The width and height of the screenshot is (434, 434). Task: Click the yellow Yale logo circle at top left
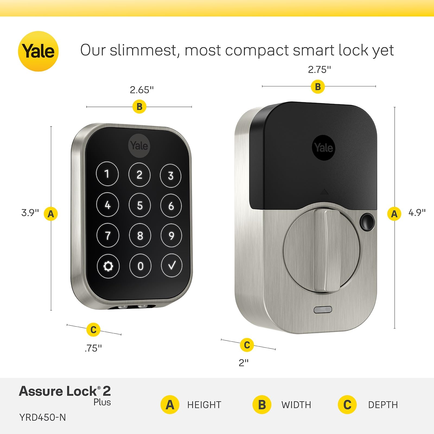pos(38,51)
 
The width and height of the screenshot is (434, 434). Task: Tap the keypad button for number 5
pos(139,205)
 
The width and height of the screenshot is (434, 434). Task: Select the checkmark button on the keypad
pos(171,265)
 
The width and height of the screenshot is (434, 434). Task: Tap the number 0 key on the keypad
pos(140,266)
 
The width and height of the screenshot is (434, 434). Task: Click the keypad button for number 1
pos(107,174)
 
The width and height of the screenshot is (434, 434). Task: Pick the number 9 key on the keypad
pos(171,235)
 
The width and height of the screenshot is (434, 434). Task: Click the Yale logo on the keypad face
pos(139,146)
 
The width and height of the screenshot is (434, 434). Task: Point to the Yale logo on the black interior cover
pos(324,148)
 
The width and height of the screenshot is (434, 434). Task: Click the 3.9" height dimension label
pos(30,213)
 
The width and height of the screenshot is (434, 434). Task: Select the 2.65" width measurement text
pos(142,90)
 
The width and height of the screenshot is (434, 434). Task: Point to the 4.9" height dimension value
pos(417,212)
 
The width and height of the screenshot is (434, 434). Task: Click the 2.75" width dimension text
pos(319,70)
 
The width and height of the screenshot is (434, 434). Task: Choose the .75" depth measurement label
pos(93,348)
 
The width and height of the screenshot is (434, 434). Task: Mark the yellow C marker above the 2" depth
pos(247,345)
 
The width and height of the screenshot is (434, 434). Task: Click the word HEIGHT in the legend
pos(204,405)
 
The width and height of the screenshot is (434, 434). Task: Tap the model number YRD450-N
pos(43,417)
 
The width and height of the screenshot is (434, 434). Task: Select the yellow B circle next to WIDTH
pos(262,405)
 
